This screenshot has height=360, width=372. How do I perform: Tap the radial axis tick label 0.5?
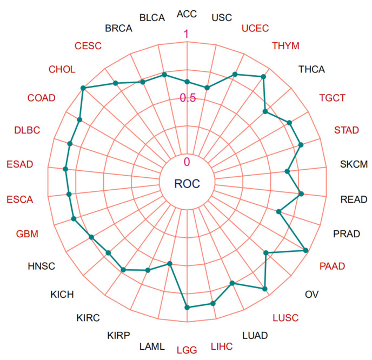tap(188, 98)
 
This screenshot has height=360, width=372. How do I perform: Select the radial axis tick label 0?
tap(187, 162)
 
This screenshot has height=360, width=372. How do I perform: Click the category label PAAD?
tap(332, 266)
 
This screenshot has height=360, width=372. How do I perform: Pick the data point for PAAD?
tap(306, 250)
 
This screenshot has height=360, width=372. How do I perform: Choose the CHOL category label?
tap(62, 69)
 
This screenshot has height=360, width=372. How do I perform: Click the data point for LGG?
tap(188, 308)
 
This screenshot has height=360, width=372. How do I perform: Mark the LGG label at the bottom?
tap(186, 349)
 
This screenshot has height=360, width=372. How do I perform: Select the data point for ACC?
tap(187, 82)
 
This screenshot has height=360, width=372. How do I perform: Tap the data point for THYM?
tap(263, 77)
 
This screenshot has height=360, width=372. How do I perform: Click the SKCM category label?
tap(354, 164)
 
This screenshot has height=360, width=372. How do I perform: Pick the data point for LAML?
tap(170, 264)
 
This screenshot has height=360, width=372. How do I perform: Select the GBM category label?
tap(28, 234)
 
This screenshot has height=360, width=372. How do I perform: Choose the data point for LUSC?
tap(265, 289)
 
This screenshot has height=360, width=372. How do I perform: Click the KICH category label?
tap(62, 294)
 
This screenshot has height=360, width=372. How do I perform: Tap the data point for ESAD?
tap(66, 170)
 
